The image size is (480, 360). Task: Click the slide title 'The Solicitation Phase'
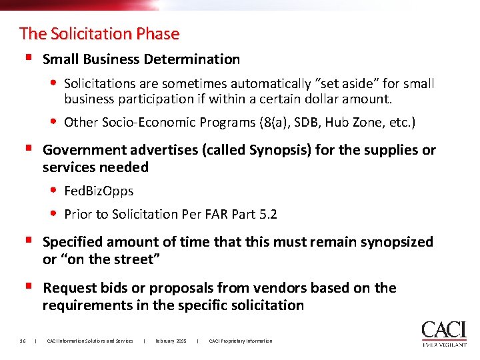[x=99, y=33]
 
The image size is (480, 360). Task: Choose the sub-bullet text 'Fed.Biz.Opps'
[x=99, y=191]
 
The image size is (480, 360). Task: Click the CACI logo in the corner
[x=443, y=333]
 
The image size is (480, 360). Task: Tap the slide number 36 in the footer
[x=23, y=341]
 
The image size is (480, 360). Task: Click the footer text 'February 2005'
[x=171, y=341]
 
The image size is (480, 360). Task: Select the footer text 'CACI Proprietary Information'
[x=241, y=341]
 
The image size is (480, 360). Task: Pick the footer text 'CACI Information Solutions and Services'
[x=90, y=341]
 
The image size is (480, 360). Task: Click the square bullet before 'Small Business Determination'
[x=27, y=58]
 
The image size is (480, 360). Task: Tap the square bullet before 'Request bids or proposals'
[x=27, y=287]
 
